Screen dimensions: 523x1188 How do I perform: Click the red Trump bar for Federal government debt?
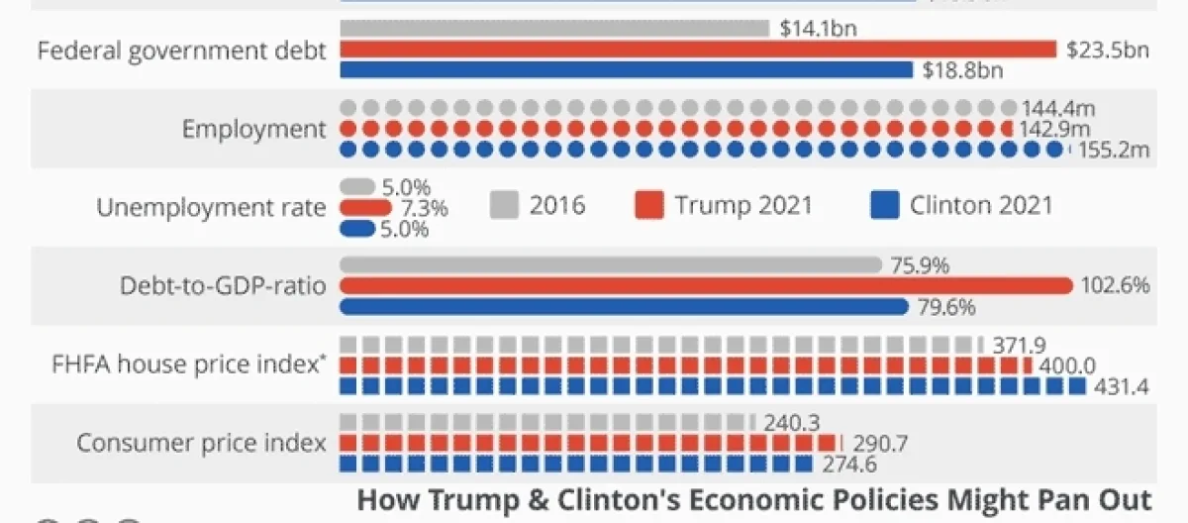[x=698, y=50]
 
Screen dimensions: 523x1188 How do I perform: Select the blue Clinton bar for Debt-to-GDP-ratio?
[x=624, y=307]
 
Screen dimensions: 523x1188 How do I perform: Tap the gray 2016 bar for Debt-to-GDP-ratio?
[x=610, y=265]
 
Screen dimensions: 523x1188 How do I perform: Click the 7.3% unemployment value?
[x=423, y=209]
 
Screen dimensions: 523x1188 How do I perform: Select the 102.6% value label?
[x=1116, y=286]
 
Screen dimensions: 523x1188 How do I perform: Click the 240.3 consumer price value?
[x=792, y=423]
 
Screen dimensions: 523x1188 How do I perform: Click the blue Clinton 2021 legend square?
[x=883, y=206]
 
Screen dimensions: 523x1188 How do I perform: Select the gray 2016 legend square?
[x=504, y=206]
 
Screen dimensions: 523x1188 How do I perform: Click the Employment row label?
[x=253, y=130]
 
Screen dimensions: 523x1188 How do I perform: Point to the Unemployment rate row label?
[x=211, y=208]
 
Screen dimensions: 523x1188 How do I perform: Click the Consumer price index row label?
[x=202, y=443]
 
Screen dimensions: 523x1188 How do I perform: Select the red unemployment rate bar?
[x=366, y=208]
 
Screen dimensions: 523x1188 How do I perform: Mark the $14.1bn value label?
[x=818, y=29]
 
